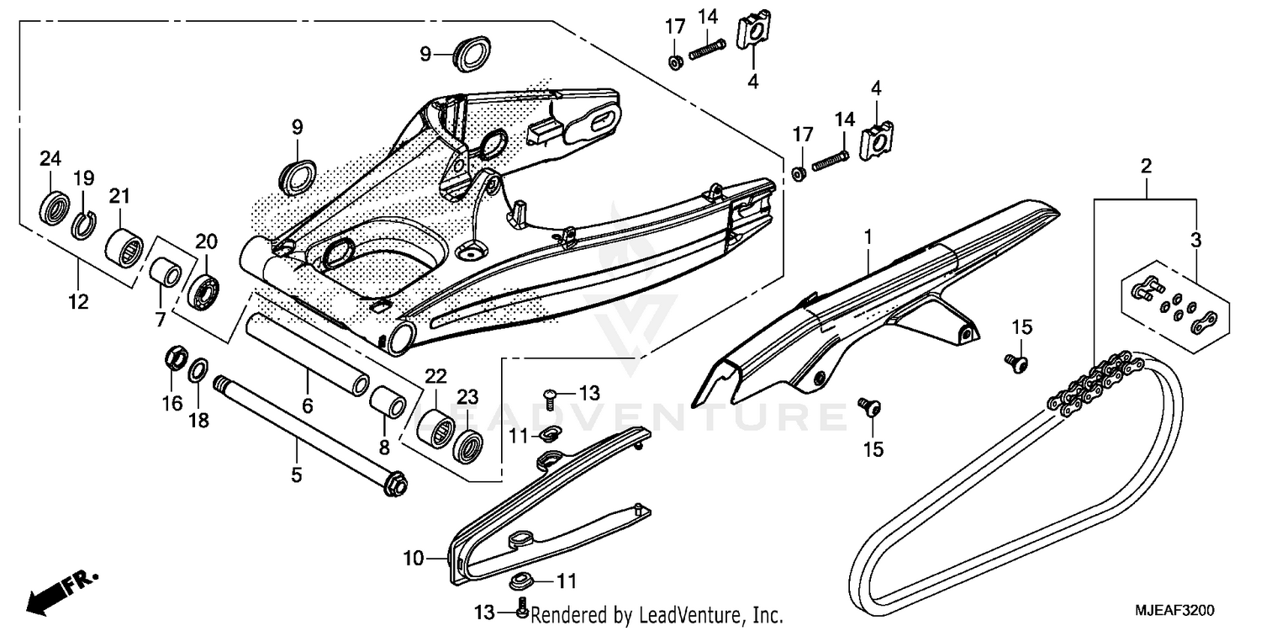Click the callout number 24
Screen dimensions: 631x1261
(50, 157)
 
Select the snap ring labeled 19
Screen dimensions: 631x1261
(82, 226)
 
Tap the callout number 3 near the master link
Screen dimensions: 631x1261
(1195, 240)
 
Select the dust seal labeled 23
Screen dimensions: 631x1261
(467, 443)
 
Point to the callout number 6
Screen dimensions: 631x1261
(308, 406)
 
